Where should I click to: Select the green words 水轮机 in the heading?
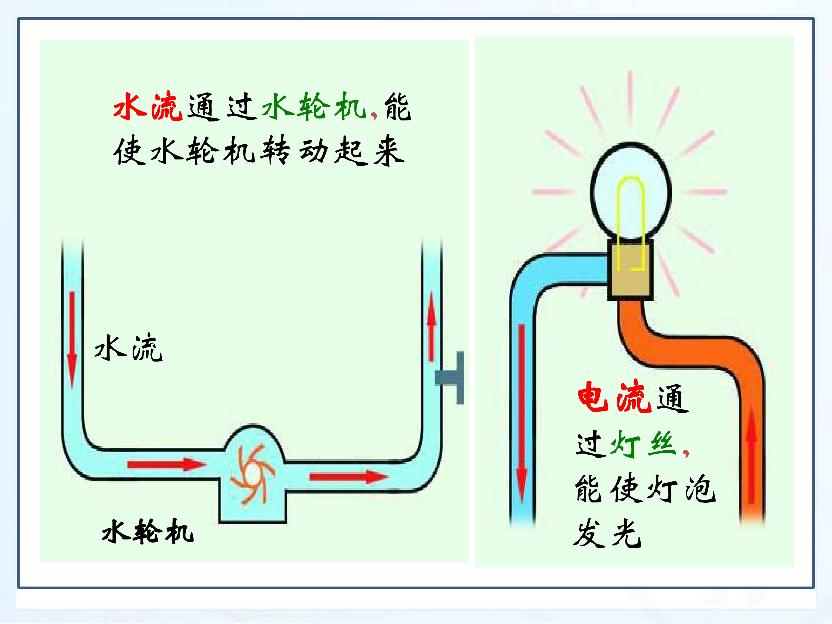314,106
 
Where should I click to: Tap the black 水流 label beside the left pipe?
128,348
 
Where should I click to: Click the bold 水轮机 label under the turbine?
147,531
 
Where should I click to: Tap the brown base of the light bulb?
631,270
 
